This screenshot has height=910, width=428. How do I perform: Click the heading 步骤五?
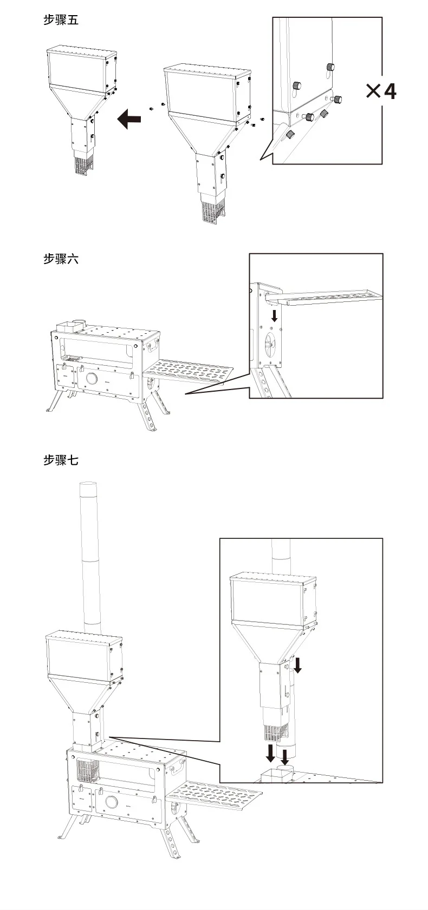(x=61, y=21)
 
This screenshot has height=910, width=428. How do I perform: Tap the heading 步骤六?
(x=61, y=259)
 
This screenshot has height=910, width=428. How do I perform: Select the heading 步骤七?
(x=61, y=460)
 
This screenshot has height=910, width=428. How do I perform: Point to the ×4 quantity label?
(x=381, y=91)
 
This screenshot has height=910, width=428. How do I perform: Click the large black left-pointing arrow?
(x=129, y=118)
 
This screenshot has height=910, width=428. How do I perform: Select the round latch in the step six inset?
(x=271, y=342)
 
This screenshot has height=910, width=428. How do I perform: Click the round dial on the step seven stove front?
(x=112, y=802)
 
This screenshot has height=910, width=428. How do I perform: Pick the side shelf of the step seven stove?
(x=215, y=795)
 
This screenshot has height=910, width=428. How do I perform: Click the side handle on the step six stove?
(x=153, y=345)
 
